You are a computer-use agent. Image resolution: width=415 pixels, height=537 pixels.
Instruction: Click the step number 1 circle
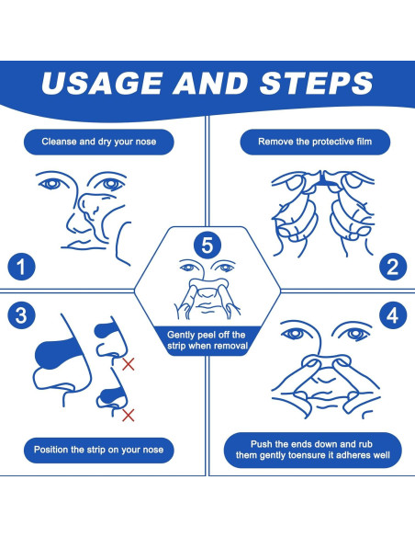coord(21,267)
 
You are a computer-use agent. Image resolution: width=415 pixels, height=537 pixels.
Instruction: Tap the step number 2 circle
coord(393,267)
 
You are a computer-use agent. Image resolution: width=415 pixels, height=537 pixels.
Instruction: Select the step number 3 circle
coord(21,315)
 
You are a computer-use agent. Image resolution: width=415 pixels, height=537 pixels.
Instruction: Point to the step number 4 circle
coord(393,315)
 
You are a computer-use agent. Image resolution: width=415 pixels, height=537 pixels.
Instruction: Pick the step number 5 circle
coord(207,245)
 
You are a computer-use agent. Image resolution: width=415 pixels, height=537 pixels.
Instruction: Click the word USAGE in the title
coord(101,84)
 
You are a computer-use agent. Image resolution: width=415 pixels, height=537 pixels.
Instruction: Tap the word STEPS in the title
coord(316,84)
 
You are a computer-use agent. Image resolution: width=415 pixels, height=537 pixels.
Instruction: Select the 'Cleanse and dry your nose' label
coord(99,142)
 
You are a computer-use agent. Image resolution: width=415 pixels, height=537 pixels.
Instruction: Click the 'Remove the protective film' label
coord(315,142)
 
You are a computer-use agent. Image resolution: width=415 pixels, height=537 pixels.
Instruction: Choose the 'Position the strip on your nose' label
coord(99,450)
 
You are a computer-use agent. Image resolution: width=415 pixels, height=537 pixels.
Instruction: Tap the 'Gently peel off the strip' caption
coord(207,340)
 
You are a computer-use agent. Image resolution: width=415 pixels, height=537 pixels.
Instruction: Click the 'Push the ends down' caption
coord(313,450)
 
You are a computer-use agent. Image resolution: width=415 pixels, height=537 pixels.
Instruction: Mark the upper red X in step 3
coord(129,364)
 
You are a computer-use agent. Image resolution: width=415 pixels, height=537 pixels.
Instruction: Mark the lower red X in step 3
coord(129,415)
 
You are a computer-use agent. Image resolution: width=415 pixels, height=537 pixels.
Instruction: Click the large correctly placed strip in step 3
coord(56,353)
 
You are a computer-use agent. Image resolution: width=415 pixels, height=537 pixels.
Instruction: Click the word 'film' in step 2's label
coord(364,142)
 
